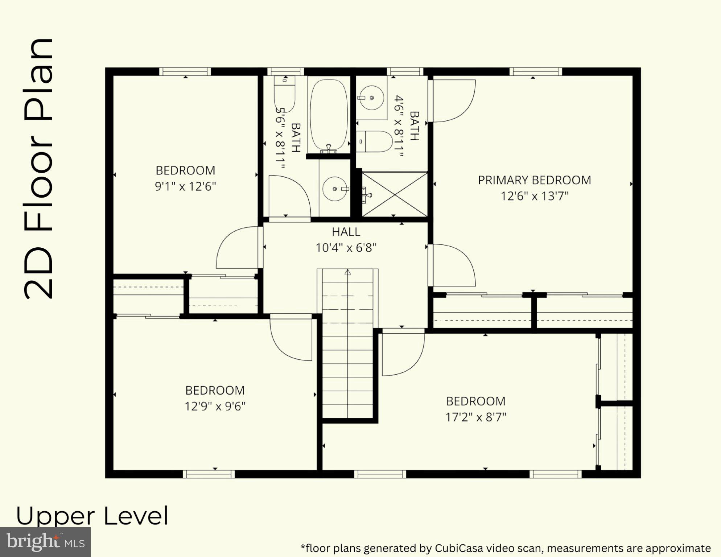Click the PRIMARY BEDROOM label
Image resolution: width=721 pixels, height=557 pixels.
pyautogui.click(x=534, y=180)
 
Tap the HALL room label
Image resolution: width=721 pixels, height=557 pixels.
pyautogui.click(x=346, y=232)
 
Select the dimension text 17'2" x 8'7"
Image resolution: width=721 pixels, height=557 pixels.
pyautogui.click(x=475, y=417)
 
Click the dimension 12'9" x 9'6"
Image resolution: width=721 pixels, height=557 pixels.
pyautogui.click(x=215, y=407)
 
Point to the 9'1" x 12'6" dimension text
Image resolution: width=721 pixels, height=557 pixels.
pyautogui.click(x=185, y=186)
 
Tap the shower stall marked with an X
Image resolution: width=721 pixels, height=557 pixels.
pyautogui.click(x=395, y=194)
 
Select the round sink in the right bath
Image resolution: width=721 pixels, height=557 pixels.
pyautogui.click(x=371, y=98)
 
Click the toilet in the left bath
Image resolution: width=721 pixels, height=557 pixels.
pyautogui.click(x=285, y=94)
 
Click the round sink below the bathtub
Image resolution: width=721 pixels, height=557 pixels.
pyautogui.click(x=334, y=189)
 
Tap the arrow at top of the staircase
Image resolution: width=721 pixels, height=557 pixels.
pyautogui.click(x=348, y=272)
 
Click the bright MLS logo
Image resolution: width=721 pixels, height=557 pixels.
pyautogui.click(x=45, y=542)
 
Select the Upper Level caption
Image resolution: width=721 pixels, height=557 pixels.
pyautogui.click(x=92, y=516)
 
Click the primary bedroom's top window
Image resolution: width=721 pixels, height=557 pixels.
pyautogui.click(x=535, y=71)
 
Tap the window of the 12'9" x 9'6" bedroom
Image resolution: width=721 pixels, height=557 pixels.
pyautogui.click(x=209, y=474)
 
